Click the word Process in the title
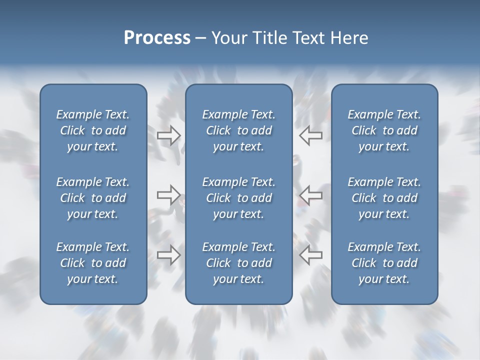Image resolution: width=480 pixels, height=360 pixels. coord(157,38)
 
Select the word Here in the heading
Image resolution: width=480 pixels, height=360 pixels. coord(349,38)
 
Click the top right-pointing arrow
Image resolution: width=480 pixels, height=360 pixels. coord(168,135)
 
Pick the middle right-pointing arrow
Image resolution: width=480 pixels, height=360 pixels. coord(168,195)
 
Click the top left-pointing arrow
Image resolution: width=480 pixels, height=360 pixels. coord(310,135)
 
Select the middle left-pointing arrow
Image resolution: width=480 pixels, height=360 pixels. coord(310,195)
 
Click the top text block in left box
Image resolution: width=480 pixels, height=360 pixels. coord(93,130)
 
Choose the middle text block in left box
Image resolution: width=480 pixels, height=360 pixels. coord(93,198)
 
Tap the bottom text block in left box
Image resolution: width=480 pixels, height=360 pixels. coord(93,263)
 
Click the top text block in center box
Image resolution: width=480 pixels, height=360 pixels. coord(238,130)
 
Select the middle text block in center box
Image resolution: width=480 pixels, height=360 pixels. coord(238,198)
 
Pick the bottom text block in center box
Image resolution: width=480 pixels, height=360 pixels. coord(238,263)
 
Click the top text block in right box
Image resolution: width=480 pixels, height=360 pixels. coord(384,130)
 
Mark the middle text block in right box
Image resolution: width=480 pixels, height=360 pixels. coord(384,198)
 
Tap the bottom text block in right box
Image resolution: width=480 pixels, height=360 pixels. coord(384,263)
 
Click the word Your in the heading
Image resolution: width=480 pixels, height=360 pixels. coord(227,38)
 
